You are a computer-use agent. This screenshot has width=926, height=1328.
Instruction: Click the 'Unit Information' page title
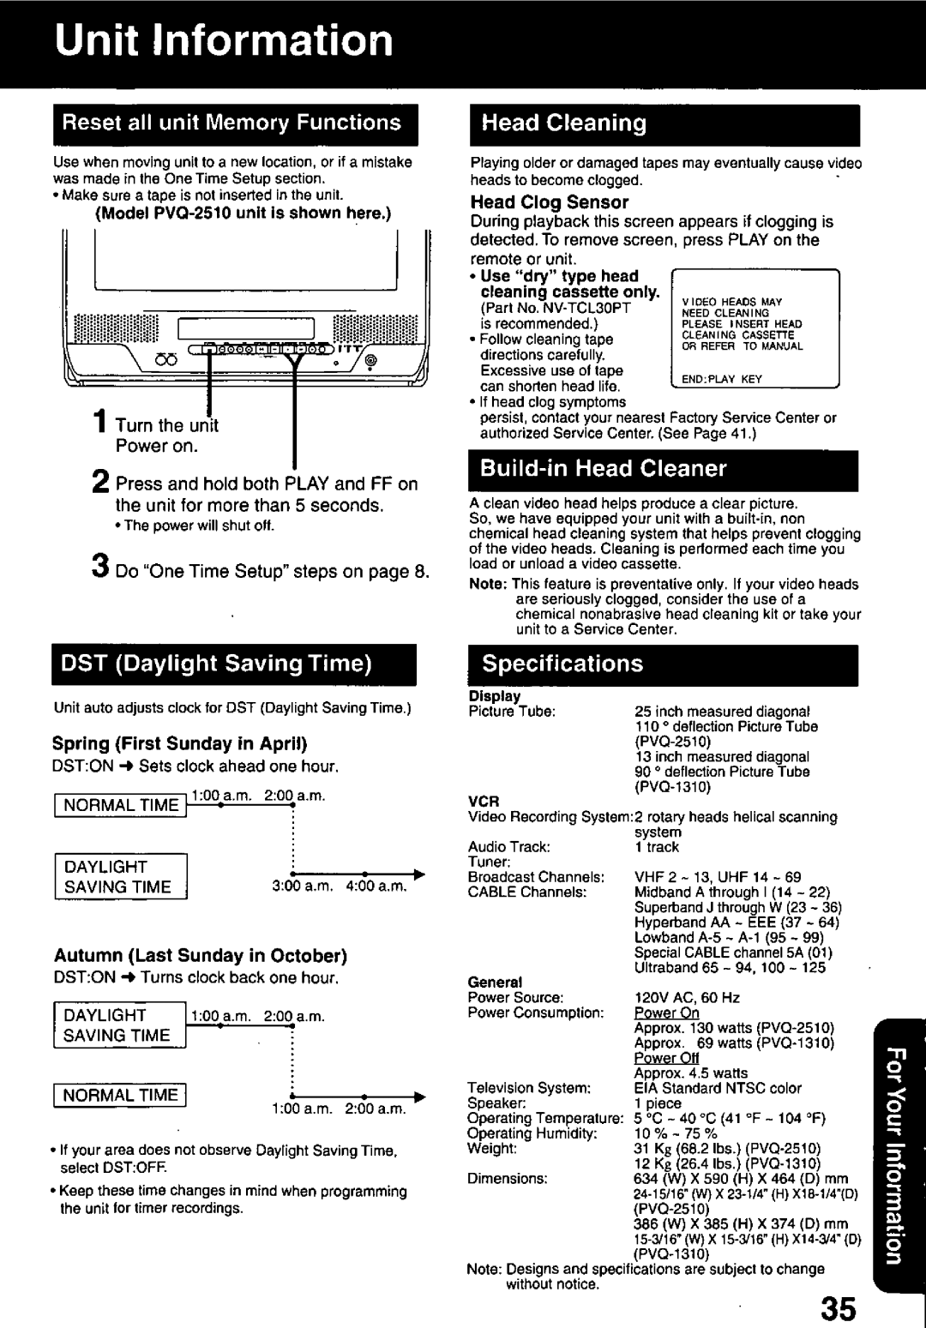pyautogui.click(x=224, y=40)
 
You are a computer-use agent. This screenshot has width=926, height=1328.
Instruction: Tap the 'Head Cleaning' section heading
pyautogui.click(x=564, y=123)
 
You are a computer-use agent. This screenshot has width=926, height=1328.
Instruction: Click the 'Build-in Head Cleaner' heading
pyautogui.click(x=603, y=468)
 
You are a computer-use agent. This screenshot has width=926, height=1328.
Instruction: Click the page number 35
pyautogui.click(x=839, y=1286)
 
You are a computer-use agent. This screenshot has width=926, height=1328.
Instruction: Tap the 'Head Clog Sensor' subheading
pyautogui.click(x=550, y=202)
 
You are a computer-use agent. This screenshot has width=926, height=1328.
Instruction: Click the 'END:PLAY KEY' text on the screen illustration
pyautogui.click(x=722, y=379)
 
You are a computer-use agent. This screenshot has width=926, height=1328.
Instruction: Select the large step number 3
pyautogui.click(x=100, y=568)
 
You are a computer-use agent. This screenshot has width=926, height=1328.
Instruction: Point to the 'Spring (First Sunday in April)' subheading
pyautogui.click(x=180, y=742)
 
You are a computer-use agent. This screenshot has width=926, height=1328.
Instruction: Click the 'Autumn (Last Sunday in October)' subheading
pyautogui.click(x=200, y=955)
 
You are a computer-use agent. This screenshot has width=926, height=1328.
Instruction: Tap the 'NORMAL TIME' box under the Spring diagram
pyautogui.click(x=121, y=805)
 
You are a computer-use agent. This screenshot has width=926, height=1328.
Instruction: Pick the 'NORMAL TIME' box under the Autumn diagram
pyautogui.click(x=121, y=1095)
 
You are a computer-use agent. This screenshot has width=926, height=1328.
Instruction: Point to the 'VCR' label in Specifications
pyautogui.click(x=483, y=802)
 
